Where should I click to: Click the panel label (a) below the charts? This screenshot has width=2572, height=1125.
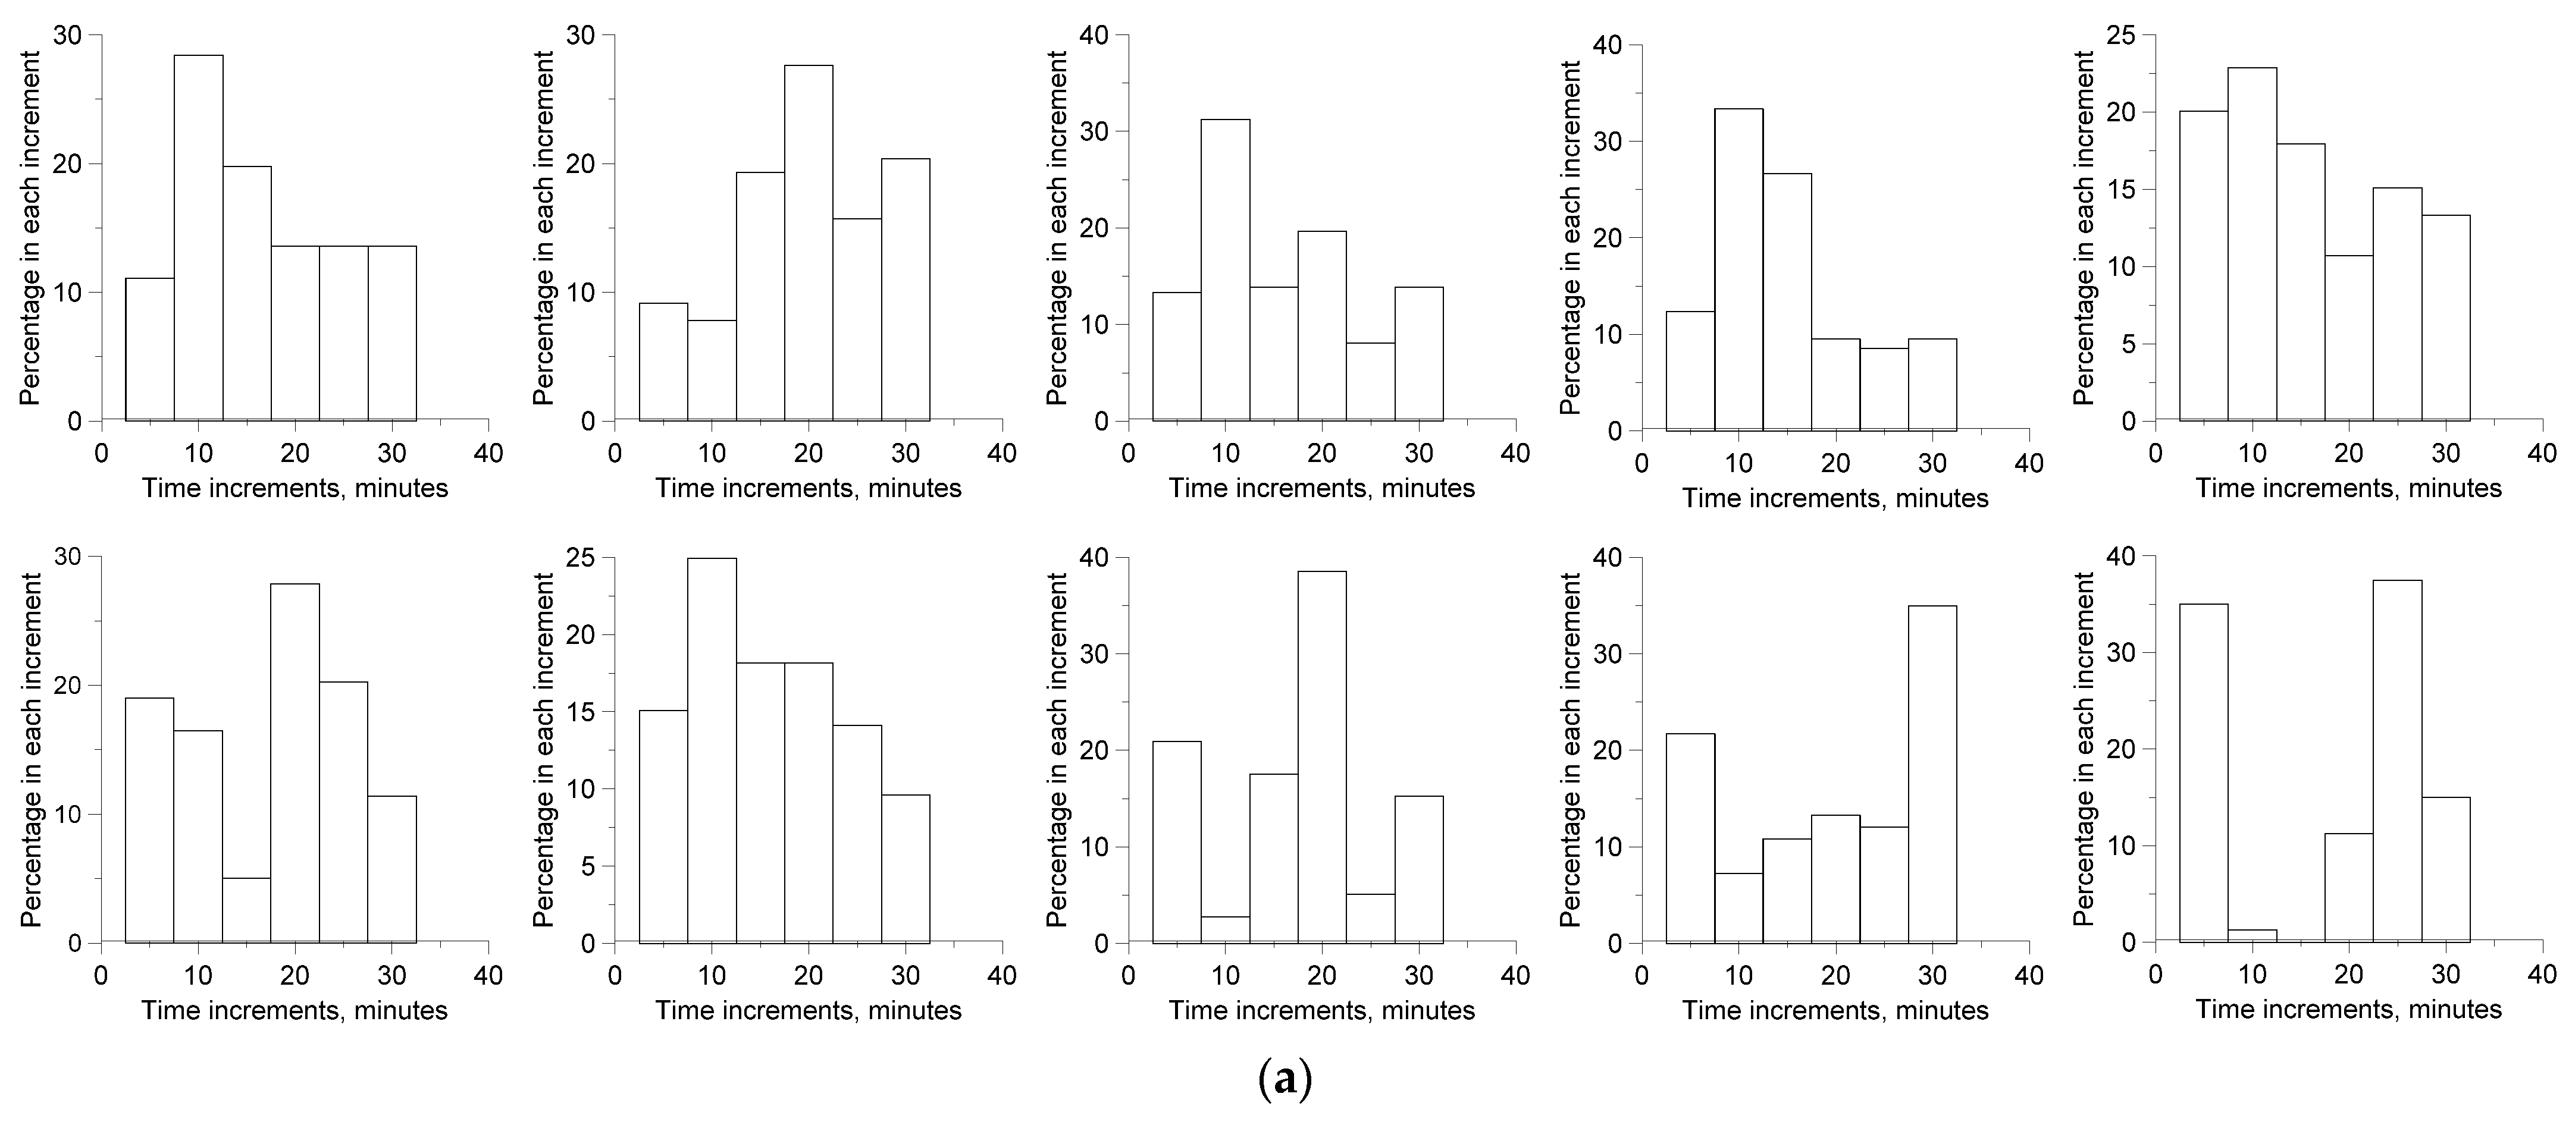click(1285, 1080)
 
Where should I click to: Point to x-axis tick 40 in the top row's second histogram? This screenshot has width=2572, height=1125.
click(1001, 453)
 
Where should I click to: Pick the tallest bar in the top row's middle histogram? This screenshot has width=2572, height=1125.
click(1225, 269)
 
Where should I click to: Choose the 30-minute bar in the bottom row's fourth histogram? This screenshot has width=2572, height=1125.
click(1932, 774)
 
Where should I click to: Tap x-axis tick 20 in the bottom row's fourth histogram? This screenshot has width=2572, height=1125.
click(1835, 975)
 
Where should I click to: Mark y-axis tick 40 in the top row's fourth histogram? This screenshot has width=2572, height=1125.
click(1624, 46)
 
